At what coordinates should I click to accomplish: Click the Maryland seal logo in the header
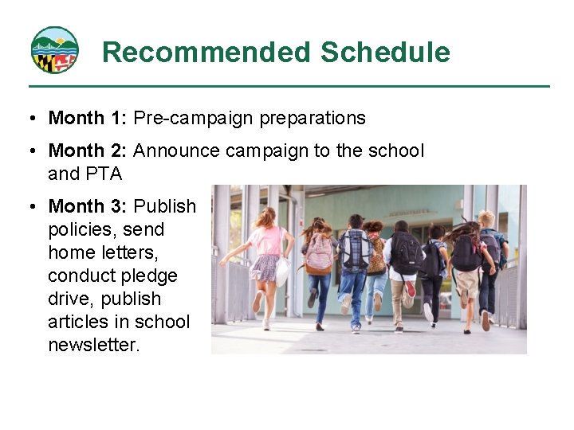[54, 50]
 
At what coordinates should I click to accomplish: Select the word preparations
[305, 119]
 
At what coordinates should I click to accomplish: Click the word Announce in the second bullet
[172, 150]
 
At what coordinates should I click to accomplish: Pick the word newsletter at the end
[93, 345]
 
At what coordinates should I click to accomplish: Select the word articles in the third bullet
[78, 322]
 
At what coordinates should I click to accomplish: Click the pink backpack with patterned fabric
[320, 253]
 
